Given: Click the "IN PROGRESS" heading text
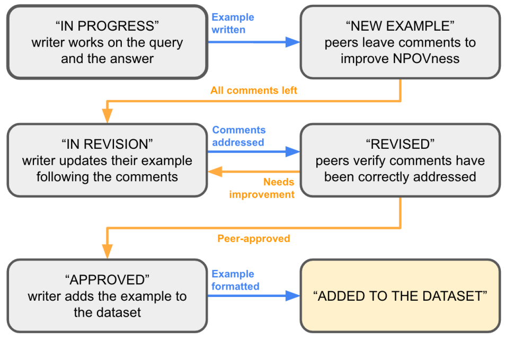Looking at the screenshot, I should [x=107, y=26].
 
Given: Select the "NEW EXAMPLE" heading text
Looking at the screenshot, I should [x=400, y=26].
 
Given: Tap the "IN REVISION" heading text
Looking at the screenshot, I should [x=107, y=144].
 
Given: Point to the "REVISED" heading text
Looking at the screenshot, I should [x=400, y=144].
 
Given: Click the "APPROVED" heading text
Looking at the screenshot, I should [x=107, y=279].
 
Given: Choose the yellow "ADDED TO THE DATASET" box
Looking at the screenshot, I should [x=400, y=296].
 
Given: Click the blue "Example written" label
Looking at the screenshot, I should [x=233, y=23].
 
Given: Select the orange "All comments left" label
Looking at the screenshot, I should [x=254, y=91].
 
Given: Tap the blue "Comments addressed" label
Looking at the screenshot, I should [x=238, y=136].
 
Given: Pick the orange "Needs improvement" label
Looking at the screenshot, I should [x=262, y=188].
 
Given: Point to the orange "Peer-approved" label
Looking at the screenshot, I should [x=254, y=239].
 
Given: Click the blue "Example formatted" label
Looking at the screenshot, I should [x=235, y=280].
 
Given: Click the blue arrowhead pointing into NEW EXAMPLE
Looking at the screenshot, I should [x=293, y=42].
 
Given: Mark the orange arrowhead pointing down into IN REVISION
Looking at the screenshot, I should [x=108, y=116].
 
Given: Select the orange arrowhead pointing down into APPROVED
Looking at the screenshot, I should [x=108, y=251].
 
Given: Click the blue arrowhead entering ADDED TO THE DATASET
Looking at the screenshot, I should [x=293, y=296].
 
